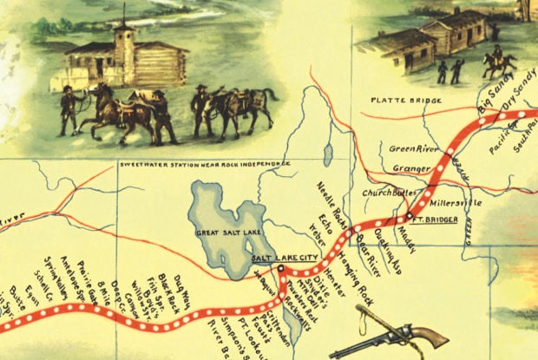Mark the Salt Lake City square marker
point(281,269)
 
